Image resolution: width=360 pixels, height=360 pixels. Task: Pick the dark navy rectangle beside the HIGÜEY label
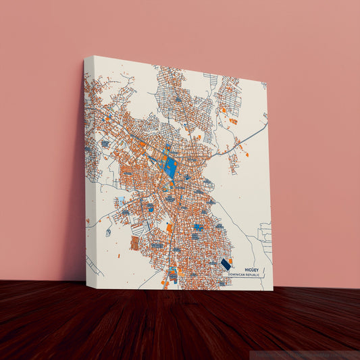tap(224, 264)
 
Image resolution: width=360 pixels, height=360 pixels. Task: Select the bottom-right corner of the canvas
tap(273, 290)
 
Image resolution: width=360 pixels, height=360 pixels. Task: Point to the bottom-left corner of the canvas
tap(86, 287)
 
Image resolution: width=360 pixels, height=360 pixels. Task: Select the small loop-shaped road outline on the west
tap(107, 232)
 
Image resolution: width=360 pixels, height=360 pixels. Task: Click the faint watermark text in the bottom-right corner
tap(307, 354)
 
